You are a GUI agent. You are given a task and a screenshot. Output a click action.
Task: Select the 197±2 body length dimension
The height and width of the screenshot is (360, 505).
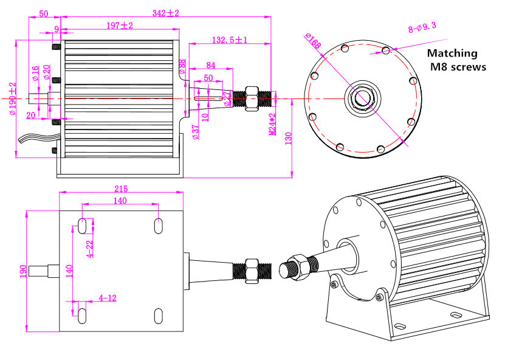coord(119,26)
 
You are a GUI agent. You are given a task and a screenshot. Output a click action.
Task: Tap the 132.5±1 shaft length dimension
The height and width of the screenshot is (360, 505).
coord(230,40)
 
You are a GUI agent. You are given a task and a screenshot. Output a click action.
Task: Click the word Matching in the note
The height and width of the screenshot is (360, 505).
coord(452,54)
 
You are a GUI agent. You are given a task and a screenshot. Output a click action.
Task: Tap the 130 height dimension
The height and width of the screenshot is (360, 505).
coord(297,137)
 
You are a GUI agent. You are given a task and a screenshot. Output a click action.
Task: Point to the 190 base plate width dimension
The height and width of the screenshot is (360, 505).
coord(22,271)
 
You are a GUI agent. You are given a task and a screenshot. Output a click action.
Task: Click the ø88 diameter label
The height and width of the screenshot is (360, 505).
coord(182,66)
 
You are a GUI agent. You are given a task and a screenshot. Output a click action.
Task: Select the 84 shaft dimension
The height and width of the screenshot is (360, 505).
coord(210,65)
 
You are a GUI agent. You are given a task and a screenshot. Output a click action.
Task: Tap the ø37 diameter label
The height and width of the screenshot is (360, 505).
coord(195,132)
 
